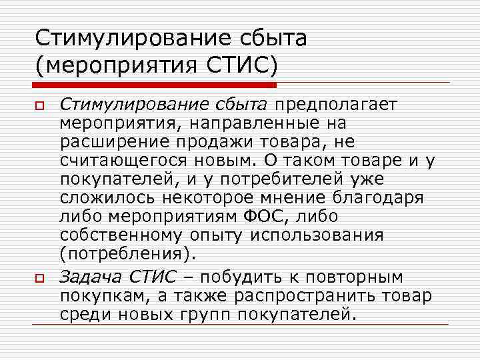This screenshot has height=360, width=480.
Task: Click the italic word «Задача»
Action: (91, 275)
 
